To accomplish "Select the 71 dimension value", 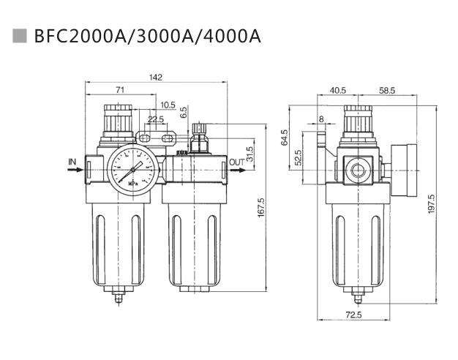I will click(x=120, y=90).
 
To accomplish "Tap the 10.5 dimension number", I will click(x=168, y=105).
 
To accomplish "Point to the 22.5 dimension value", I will click(x=156, y=119).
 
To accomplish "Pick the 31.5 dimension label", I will click(x=249, y=154).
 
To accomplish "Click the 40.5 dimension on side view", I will click(x=337, y=91).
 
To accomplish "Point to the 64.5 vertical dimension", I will click(x=285, y=138).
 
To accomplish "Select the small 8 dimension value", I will click(x=320, y=119).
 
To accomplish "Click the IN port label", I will click(x=72, y=161).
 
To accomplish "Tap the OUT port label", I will click(x=237, y=162).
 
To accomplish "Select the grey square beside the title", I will click(x=21, y=35).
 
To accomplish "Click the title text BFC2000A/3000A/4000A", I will click(x=147, y=36).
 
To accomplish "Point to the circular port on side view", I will click(x=358, y=170).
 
